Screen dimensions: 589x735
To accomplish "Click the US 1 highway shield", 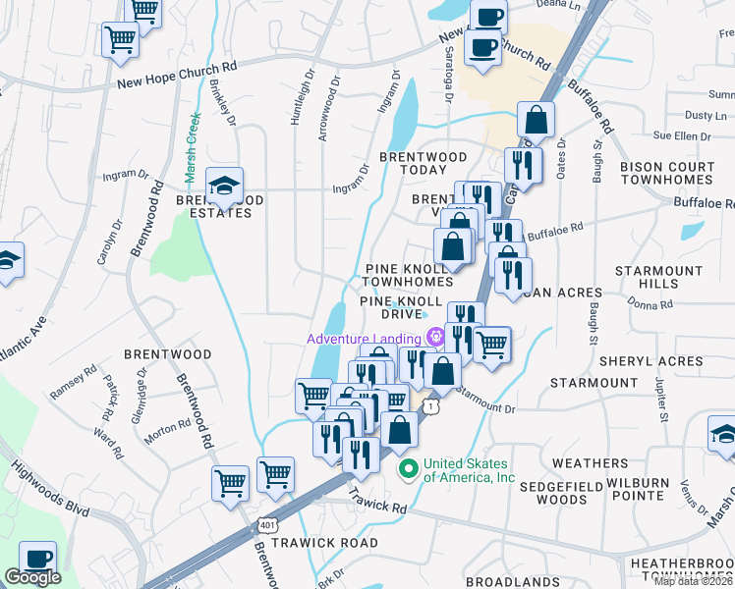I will click(429, 404).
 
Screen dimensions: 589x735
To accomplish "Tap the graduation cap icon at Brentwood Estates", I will click(224, 185).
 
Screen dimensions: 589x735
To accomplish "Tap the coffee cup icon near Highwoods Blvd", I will click(37, 559).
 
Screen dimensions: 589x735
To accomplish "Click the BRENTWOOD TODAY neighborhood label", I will click(424, 163).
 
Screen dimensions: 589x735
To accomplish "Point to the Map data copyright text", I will click(694, 581).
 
